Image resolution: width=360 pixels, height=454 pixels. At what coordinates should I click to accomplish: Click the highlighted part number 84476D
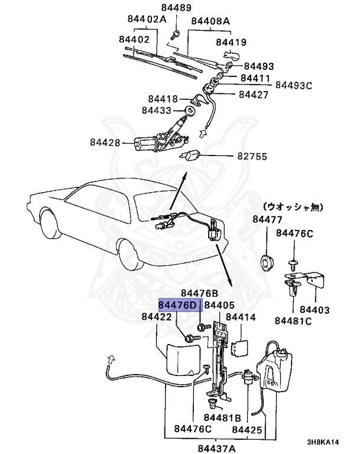pyautogui.click(x=179, y=304)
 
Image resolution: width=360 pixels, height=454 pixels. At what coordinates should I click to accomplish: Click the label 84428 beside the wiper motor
pyautogui.click(x=105, y=142)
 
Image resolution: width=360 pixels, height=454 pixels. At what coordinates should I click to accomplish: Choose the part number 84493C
pyautogui.click(x=292, y=86)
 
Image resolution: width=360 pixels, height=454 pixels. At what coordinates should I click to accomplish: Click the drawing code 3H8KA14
pyautogui.click(x=323, y=442)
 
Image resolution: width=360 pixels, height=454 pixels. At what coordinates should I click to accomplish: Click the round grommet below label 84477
pyautogui.click(x=268, y=260)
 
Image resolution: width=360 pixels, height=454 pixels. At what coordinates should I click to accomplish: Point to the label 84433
pyautogui.click(x=156, y=110)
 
